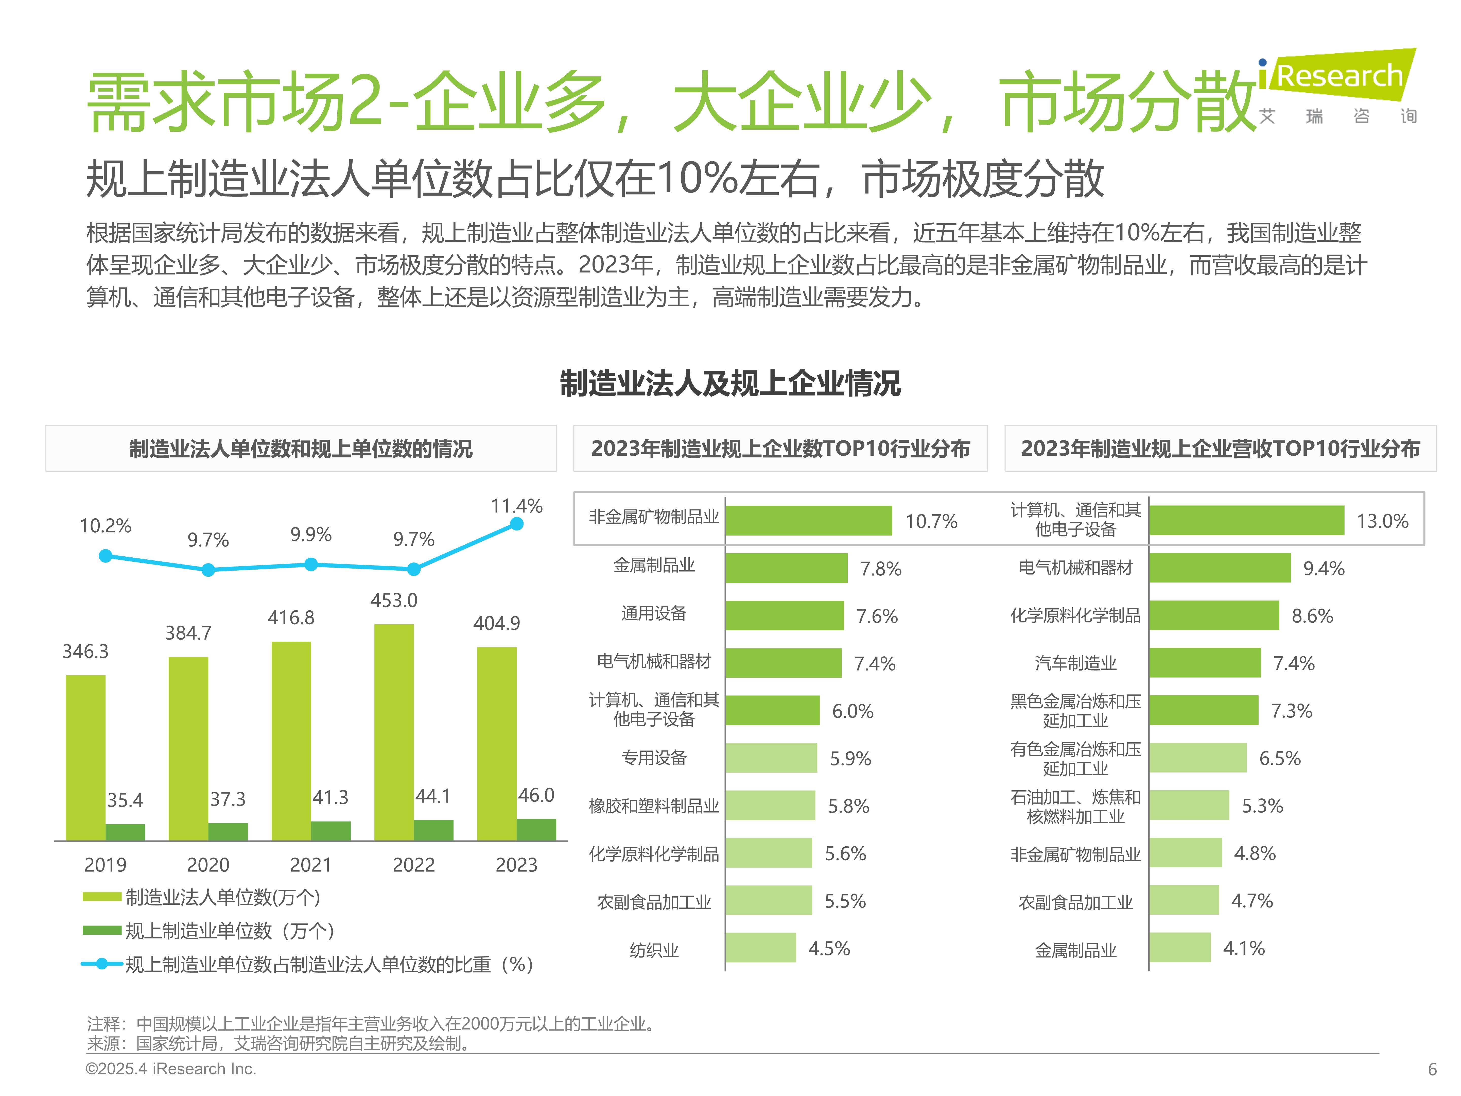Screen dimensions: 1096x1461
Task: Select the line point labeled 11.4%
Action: point(516,524)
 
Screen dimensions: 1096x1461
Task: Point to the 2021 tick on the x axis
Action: point(310,865)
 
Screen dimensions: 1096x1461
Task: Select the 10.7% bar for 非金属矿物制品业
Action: point(808,521)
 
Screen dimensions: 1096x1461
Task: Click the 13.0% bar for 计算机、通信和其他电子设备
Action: point(1246,521)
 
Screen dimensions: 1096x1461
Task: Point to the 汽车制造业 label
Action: point(1075,663)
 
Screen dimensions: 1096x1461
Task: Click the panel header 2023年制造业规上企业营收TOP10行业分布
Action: point(1220,449)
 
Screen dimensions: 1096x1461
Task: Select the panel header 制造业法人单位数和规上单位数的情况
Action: point(301,449)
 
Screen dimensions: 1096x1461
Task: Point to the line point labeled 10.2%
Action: point(106,556)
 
